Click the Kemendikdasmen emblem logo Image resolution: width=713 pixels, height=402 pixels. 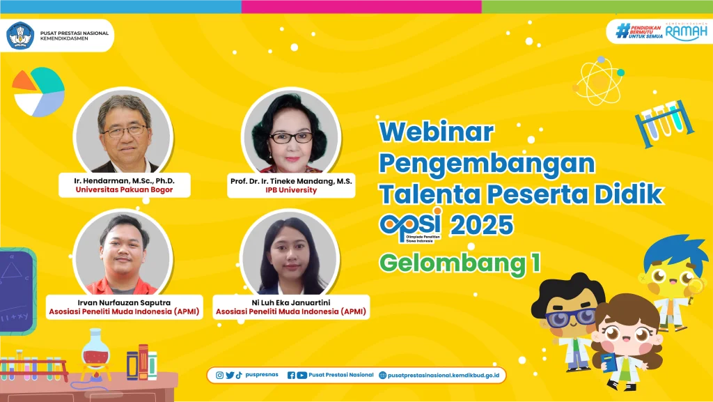[20, 35]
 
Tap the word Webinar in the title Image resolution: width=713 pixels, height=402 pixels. [437, 132]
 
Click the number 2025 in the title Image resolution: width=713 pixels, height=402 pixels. [482, 225]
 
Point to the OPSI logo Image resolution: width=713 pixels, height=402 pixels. [411, 224]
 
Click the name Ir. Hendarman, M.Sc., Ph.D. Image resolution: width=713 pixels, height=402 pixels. [124, 181]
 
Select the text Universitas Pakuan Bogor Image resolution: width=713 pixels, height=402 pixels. [124, 190]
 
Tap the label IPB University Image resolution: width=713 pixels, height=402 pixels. [291, 190]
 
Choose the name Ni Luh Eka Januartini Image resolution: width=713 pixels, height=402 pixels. [291, 302]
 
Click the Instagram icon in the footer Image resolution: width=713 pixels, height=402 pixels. [219, 375]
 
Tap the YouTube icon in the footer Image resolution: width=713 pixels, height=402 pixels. [301, 375]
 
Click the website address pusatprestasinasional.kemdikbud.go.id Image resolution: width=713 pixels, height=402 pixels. [444, 376]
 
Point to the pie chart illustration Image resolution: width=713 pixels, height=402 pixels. [38, 91]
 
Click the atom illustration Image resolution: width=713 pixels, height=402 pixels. [597, 81]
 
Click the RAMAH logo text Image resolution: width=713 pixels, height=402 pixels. [687, 31]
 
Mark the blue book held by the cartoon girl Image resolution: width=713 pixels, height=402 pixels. [608, 364]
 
